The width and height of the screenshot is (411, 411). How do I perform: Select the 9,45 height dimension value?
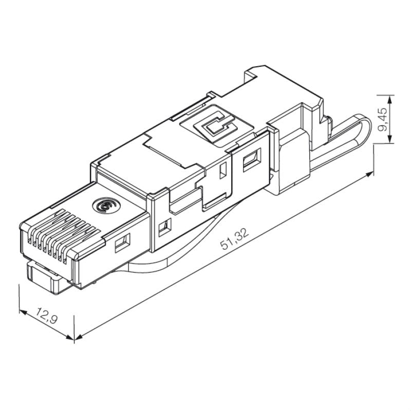pyautogui.click(x=383, y=119)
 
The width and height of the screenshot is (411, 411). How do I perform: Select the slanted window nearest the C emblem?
pyautogui.click(x=252, y=159)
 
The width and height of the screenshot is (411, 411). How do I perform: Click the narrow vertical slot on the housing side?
pyautogui.click(x=223, y=171)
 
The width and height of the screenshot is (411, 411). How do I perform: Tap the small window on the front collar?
pyautogui.click(x=165, y=225)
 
